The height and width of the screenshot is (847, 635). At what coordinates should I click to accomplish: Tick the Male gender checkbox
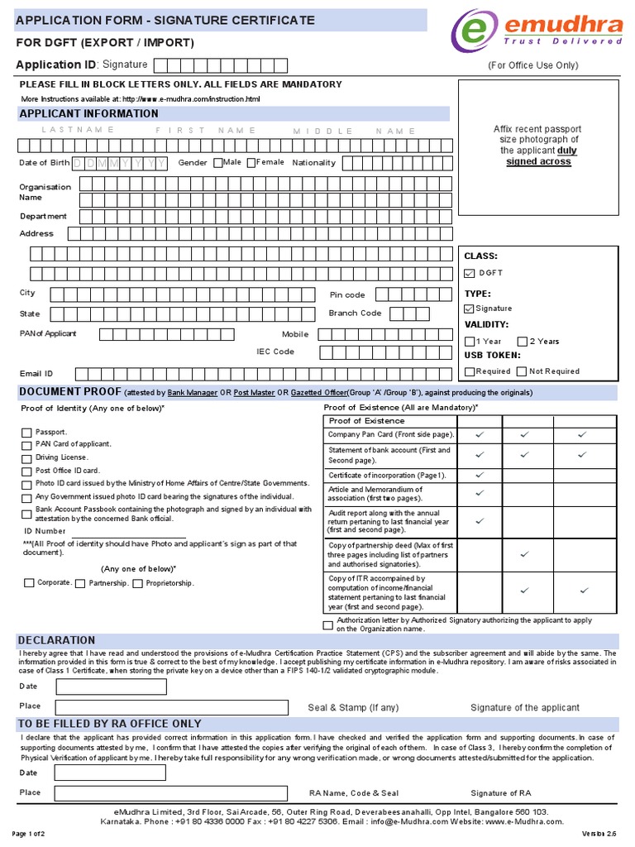click(x=218, y=163)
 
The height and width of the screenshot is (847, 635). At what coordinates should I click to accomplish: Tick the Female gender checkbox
click(x=251, y=163)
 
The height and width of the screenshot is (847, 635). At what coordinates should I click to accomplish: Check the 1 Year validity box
click(x=470, y=342)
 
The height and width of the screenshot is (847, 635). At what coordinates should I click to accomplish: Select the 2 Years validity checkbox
click(x=523, y=342)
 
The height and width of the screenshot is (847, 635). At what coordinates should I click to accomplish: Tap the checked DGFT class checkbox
click(x=470, y=273)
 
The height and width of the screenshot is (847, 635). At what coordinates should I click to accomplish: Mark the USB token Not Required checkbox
click(x=522, y=372)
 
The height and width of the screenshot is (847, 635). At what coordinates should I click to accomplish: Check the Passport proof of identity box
click(x=27, y=433)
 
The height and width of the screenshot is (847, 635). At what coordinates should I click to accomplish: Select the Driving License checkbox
click(x=27, y=458)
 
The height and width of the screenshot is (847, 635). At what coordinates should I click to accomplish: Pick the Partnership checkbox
click(x=80, y=584)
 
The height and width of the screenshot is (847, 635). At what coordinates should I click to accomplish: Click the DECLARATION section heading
click(x=57, y=640)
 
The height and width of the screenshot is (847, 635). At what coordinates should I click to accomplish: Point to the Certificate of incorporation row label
click(x=387, y=476)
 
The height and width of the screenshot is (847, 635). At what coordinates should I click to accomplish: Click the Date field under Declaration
click(x=170, y=687)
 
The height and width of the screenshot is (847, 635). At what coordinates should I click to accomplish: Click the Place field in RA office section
click(x=170, y=793)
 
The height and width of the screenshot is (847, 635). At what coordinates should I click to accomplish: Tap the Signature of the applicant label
click(x=525, y=708)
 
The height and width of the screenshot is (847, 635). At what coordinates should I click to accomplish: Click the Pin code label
click(x=347, y=295)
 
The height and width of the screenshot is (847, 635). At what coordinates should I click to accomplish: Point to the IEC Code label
click(x=275, y=352)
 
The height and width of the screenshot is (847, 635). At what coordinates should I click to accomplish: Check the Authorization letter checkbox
click(x=328, y=624)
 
